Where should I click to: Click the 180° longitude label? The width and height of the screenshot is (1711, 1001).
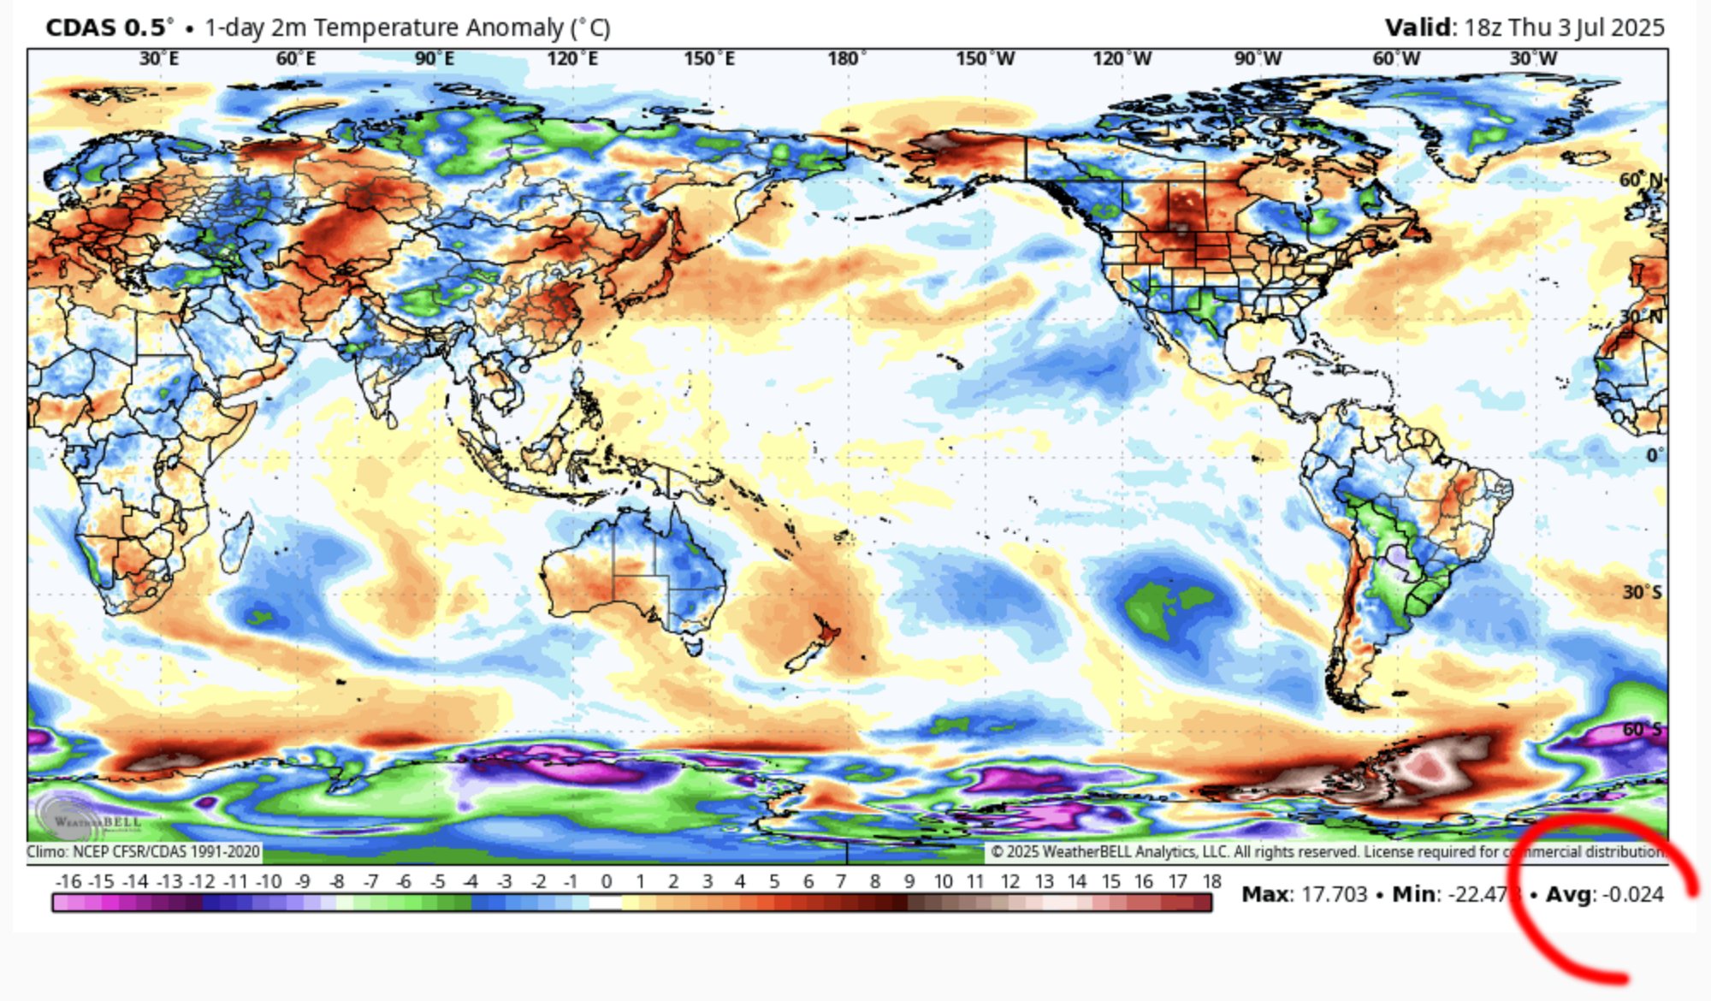click(x=846, y=58)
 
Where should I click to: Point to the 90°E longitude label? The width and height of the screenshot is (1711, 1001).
click(x=434, y=58)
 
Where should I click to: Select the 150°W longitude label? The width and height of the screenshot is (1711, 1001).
click(x=985, y=58)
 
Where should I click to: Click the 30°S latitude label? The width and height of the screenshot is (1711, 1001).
click(x=1642, y=592)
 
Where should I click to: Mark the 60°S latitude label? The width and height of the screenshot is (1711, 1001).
click(x=1642, y=730)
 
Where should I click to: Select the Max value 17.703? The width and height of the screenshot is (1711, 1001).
click(x=1334, y=895)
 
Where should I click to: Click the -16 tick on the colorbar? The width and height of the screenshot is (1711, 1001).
click(x=68, y=881)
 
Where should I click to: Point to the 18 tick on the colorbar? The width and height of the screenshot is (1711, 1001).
click(x=1211, y=881)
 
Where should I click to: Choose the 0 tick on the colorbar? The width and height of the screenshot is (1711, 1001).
click(x=607, y=881)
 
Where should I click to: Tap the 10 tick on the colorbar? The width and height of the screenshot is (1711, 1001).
click(x=943, y=881)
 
